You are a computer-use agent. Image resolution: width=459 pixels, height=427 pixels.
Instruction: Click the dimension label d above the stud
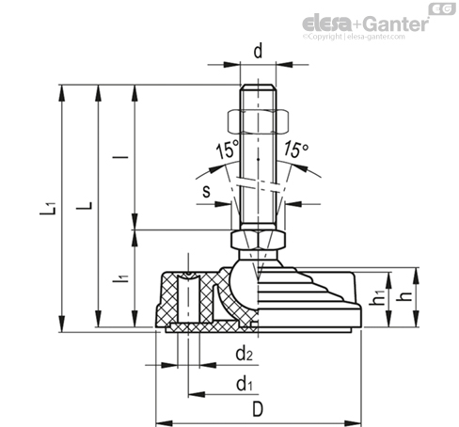258,51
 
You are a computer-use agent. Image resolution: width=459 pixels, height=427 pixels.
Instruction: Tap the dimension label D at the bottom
258,409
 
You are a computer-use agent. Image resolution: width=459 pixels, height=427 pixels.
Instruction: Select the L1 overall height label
48,209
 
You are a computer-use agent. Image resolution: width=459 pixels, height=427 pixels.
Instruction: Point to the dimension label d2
244,354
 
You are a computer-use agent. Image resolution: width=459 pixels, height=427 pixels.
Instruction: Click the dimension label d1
244,384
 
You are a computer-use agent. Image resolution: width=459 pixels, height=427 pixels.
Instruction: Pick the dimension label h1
376,297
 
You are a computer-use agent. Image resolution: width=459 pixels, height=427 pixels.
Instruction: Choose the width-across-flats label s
206,191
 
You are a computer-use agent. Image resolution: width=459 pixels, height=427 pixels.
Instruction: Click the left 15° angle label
228,150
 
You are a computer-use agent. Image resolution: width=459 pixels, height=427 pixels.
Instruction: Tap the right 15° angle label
296,150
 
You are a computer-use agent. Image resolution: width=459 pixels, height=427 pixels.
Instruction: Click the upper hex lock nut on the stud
258,120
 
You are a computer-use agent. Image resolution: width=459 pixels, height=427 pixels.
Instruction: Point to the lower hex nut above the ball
258,240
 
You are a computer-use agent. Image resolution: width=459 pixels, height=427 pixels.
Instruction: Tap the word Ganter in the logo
396,24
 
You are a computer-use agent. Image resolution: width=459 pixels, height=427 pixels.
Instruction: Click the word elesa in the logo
326,24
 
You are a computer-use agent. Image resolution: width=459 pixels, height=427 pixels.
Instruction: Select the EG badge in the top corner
442,8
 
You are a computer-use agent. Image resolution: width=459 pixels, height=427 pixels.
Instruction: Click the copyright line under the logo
354,37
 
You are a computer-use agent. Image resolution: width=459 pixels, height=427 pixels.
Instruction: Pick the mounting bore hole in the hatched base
188,298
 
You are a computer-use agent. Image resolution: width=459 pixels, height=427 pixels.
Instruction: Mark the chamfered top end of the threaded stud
258,87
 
